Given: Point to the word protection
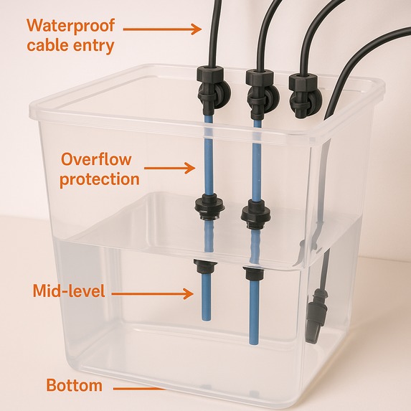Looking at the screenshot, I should click(99, 179).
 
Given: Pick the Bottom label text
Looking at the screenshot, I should click(74, 385).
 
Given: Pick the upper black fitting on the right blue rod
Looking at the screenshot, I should click(255, 210).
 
